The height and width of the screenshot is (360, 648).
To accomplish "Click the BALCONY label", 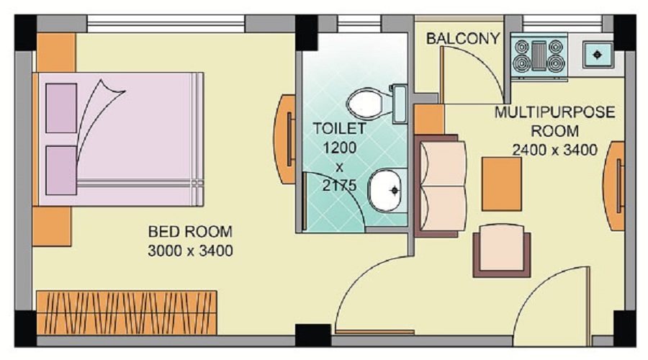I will [463, 38].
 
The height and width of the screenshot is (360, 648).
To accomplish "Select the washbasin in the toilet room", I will [387, 191].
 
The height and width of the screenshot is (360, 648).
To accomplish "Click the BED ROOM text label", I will [190, 232].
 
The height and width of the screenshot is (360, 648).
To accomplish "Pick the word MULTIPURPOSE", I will [554, 113].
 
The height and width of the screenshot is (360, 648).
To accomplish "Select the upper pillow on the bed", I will [61, 108].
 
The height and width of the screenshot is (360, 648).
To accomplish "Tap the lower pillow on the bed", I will [61, 171].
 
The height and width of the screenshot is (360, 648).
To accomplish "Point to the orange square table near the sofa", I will [501, 183].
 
